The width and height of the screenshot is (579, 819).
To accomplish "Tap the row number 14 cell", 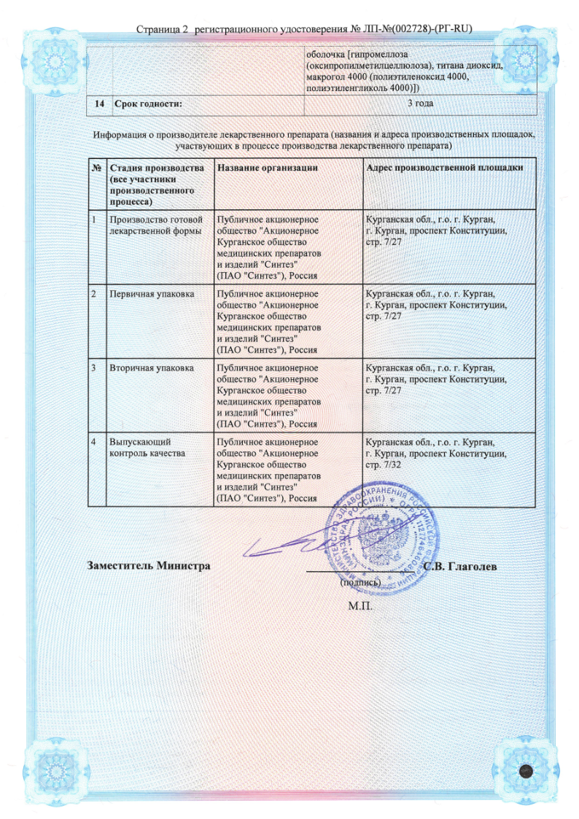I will click(x=98, y=104).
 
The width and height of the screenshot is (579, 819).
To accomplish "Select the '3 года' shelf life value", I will click(x=419, y=104).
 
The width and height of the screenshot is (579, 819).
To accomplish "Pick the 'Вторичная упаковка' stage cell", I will click(x=152, y=368).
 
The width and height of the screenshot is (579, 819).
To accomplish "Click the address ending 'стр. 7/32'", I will click(x=383, y=464).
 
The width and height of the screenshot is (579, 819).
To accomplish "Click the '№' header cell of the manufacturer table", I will click(x=97, y=168).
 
